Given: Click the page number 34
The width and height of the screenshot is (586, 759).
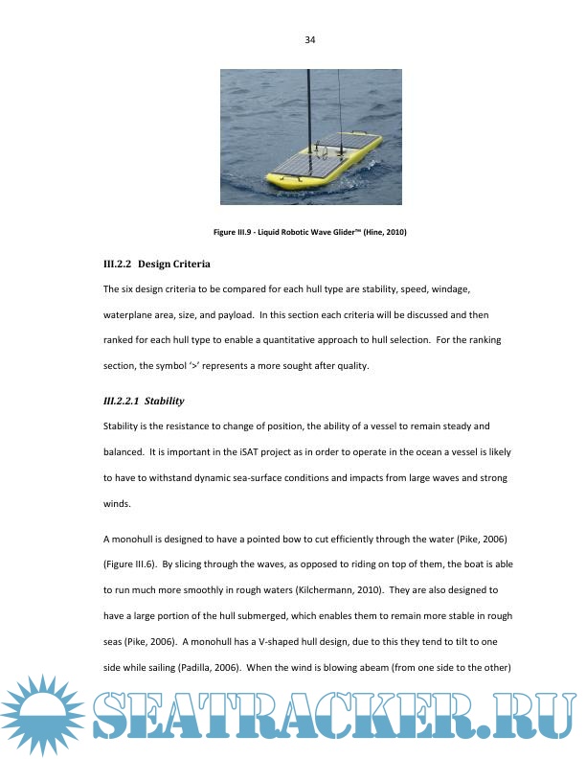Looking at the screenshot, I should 309,40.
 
